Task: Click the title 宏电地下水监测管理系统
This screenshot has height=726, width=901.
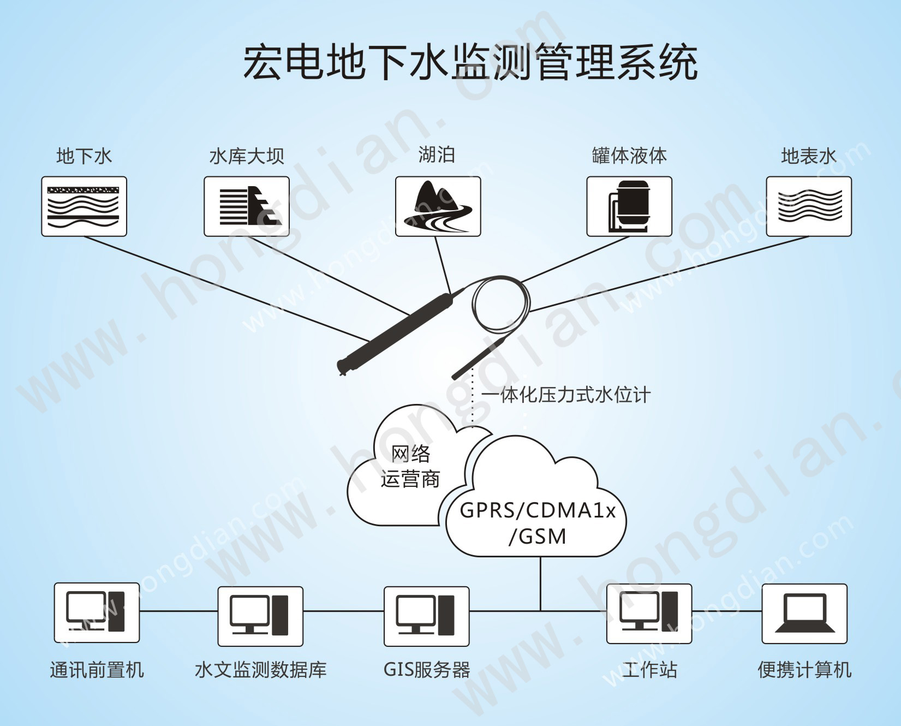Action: (470, 62)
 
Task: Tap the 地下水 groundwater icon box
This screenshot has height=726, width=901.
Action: (84, 206)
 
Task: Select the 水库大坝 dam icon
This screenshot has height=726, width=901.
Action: (247, 206)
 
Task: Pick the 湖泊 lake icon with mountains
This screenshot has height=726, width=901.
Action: (438, 206)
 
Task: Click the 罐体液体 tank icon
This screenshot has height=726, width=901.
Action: (629, 206)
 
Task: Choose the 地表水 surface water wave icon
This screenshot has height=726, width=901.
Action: (809, 206)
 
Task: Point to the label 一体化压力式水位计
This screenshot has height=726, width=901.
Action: (566, 395)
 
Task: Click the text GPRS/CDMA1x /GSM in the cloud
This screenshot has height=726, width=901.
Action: (538, 523)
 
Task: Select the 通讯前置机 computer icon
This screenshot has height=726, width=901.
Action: (97, 612)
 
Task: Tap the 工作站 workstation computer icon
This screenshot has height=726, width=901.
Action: (649, 613)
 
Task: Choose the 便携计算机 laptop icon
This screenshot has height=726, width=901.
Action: (804, 613)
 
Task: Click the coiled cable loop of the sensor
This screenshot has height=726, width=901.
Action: (500, 303)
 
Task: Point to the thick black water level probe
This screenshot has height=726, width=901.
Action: (397, 331)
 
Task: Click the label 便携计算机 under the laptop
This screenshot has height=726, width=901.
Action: (804, 669)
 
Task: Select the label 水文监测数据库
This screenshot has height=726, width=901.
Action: (260, 669)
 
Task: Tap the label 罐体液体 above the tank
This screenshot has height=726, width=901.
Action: (629, 156)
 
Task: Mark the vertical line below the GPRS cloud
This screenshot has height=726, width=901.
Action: (540, 583)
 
